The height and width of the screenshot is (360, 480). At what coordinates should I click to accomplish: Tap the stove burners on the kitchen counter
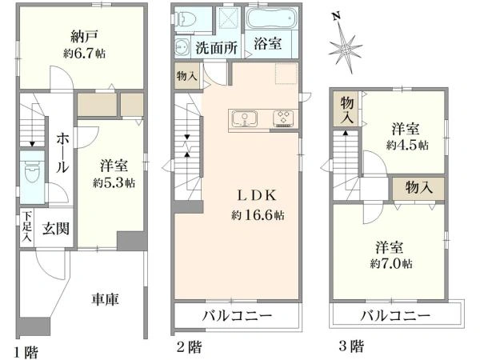click(x=283, y=119)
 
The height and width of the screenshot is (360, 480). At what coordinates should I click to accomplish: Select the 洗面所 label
click(x=218, y=47)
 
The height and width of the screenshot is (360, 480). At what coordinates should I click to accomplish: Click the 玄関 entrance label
click(x=55, y=228)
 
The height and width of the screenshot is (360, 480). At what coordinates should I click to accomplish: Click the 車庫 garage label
click(x=104, y=300)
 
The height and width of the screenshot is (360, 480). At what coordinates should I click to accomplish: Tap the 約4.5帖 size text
click(x=406, y=146)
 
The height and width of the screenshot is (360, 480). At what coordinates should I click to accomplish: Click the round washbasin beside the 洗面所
click(x=182, y=47)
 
